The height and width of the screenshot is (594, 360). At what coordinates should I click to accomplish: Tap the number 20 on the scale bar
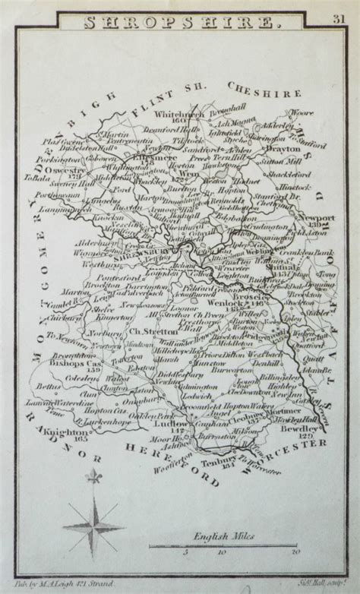pyautogui.click(x=295, y=552)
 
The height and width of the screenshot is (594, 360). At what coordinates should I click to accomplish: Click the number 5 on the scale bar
pyautogui.click(x=187, y=552)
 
